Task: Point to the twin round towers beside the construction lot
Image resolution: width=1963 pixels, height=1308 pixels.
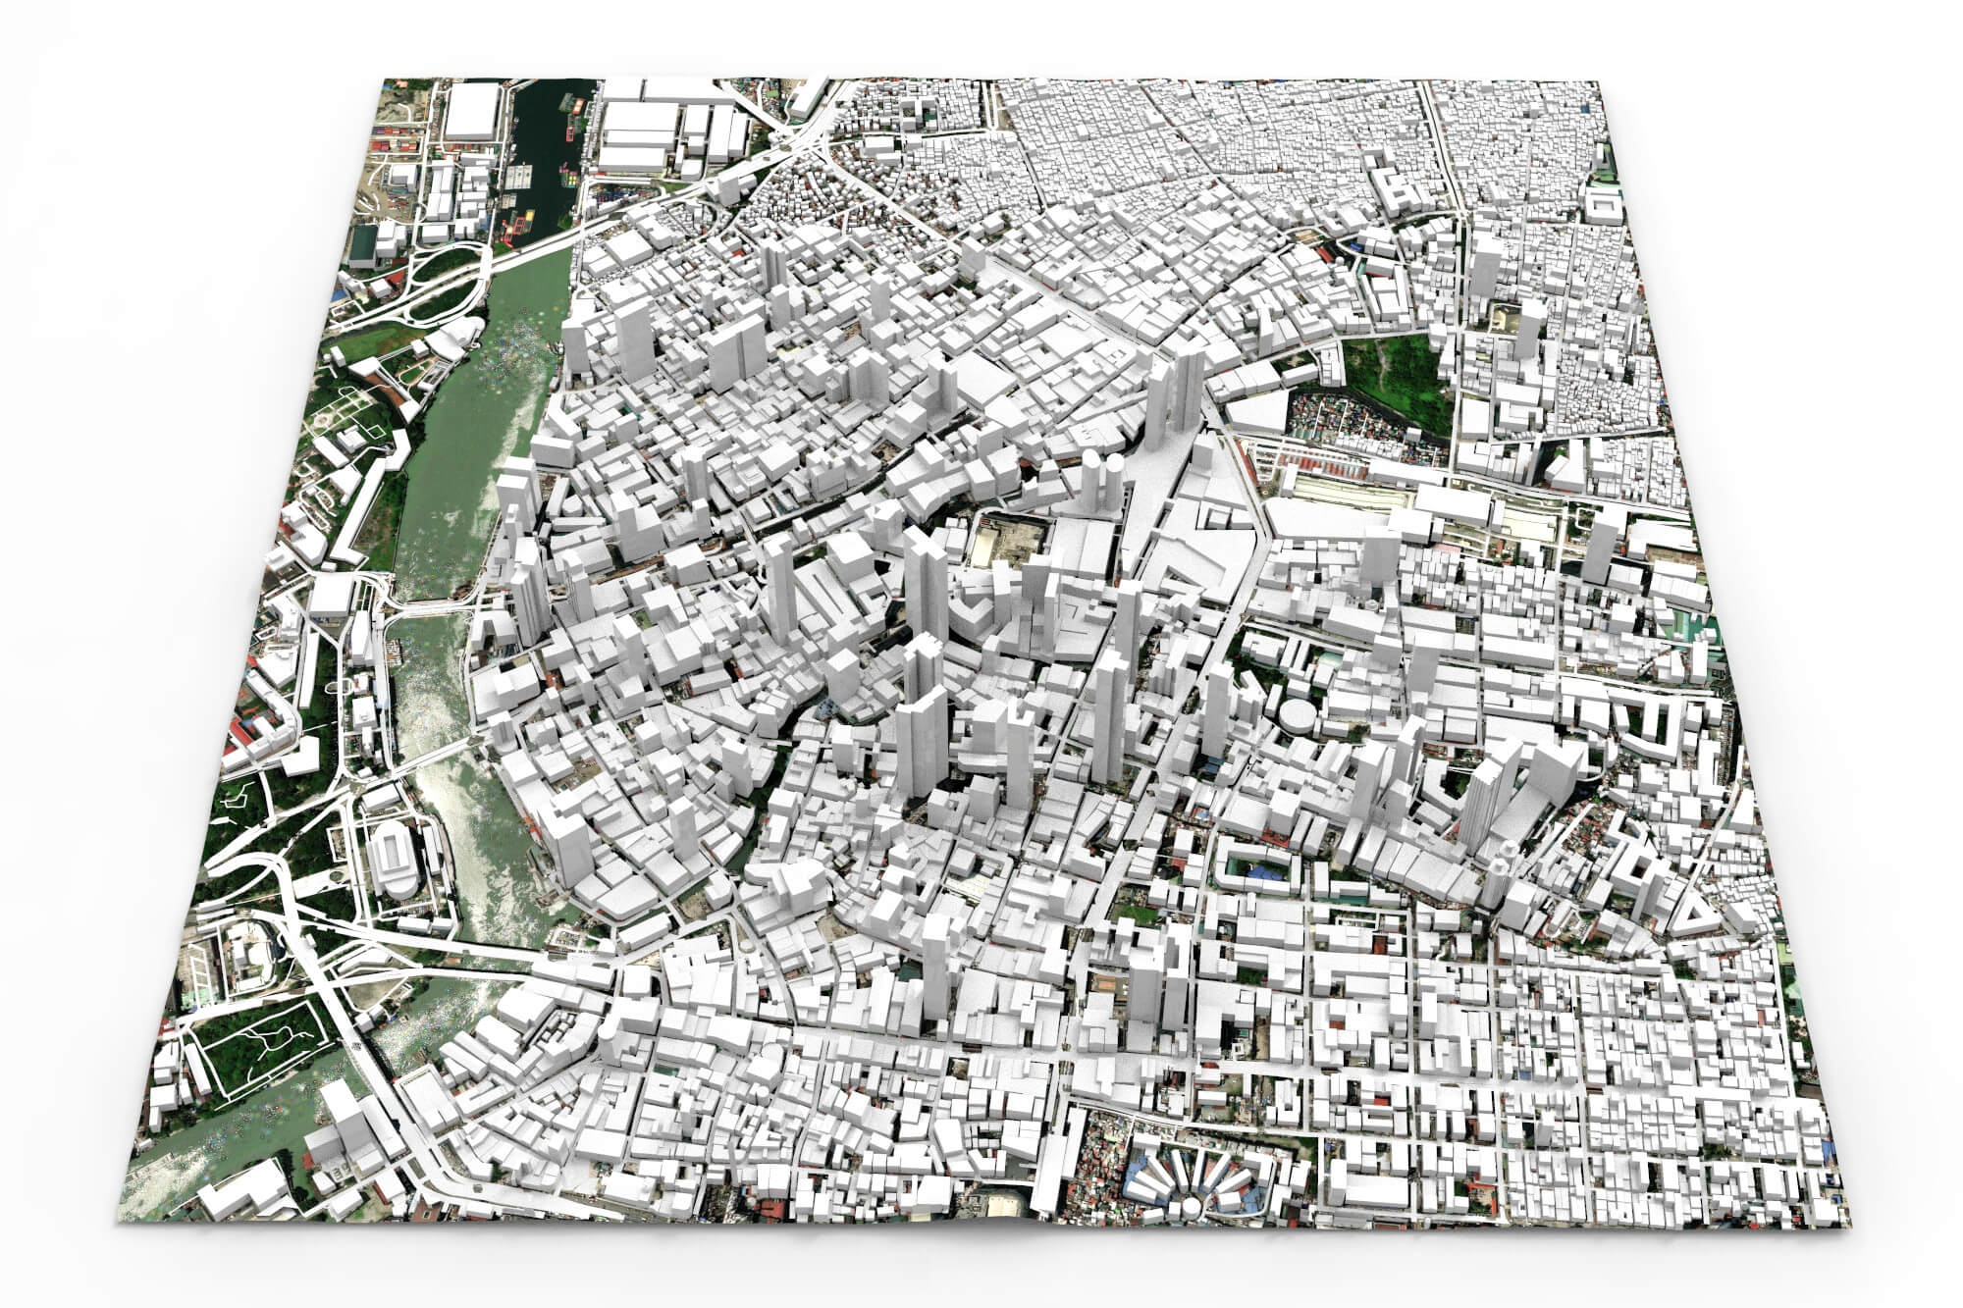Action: (x=1103, y=481)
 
